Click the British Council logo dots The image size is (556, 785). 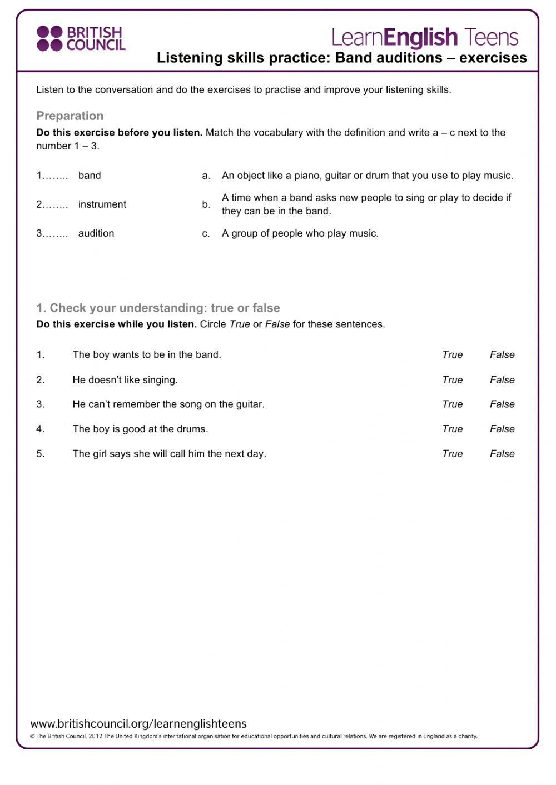tap(49, 38)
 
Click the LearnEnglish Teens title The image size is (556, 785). tap(425, 37)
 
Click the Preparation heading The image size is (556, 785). tap(70, 116)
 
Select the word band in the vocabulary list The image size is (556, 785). tap(90, 176)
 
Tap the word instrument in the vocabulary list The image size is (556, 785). tap(102, 204)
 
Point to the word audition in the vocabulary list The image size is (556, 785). tap(96, 233)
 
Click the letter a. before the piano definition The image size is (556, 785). tap(206, 176)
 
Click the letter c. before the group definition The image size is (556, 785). tap(206, 233)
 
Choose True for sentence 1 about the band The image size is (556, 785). tap(452, 354)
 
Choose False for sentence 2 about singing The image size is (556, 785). tap(502, 380)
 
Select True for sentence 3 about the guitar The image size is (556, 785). tap(452, 404)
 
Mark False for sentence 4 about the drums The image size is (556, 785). tap(502, 429)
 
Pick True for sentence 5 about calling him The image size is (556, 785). tap(452, 454)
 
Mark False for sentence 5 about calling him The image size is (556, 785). tap(502, 454)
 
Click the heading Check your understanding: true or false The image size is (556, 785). tap(158, 308)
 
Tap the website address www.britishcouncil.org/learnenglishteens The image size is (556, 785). tap(138, 724)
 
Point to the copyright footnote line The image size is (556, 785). tap(254, 736)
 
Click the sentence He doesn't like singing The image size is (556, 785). tap(125, 380)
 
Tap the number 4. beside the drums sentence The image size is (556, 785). tap(41, 429)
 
